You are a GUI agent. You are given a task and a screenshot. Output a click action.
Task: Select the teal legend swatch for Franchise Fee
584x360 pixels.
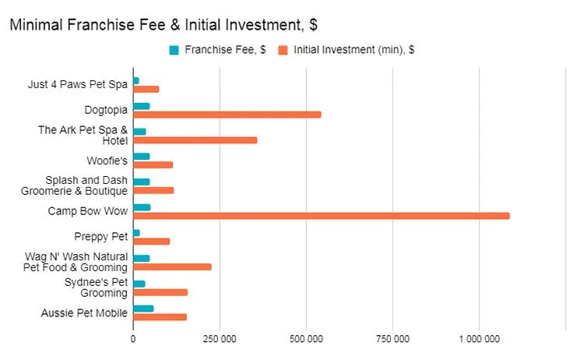[174, 51]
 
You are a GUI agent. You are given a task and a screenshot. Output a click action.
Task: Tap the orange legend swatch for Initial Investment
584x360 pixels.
[284, 51]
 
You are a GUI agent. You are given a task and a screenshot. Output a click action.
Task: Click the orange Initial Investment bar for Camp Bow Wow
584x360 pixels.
[321, 216]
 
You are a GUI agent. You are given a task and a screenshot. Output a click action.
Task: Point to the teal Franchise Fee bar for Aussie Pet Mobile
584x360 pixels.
[143, 309]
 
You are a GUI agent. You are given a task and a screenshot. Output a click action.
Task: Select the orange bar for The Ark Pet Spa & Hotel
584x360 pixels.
[195, 140]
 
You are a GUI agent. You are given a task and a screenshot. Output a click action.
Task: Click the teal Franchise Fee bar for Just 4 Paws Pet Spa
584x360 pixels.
[135, 80]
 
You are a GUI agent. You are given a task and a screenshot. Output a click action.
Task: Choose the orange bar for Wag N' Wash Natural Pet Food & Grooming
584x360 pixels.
[172, 266]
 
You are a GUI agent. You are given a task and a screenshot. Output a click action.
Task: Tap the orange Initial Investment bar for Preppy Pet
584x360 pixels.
[151, 241]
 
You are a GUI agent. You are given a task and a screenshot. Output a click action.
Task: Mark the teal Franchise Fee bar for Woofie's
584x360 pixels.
[141, 157]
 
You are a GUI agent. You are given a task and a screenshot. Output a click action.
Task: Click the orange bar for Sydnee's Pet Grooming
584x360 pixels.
[160, 292]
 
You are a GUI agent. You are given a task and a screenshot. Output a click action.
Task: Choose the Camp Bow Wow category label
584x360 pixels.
[88, 211]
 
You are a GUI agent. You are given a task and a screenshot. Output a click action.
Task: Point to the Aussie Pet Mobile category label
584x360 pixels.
[84, 313]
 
